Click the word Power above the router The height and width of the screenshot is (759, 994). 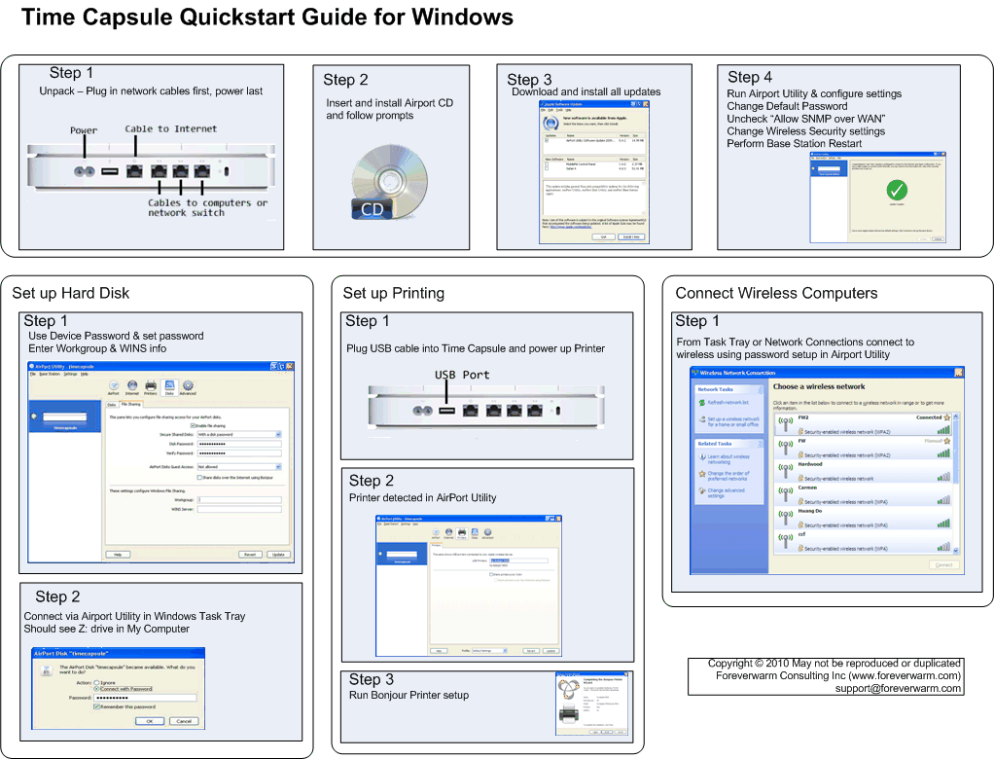84,130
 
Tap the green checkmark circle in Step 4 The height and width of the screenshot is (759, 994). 897,192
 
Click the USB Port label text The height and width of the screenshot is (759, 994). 462,375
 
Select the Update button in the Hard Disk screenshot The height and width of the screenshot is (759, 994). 278,554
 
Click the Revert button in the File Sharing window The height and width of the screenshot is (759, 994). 250,554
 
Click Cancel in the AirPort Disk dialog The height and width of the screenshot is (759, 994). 185,721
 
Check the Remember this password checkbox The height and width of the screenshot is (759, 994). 96,707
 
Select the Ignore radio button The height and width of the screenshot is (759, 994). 96,683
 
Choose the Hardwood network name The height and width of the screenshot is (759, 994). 810,464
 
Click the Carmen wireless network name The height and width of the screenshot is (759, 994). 808,488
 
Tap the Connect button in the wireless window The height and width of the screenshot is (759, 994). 942,564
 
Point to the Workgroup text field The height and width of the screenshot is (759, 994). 238,499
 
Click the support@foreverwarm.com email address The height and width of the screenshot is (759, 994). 898,688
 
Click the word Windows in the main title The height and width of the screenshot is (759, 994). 462,17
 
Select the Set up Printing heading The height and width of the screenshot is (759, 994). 393,293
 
